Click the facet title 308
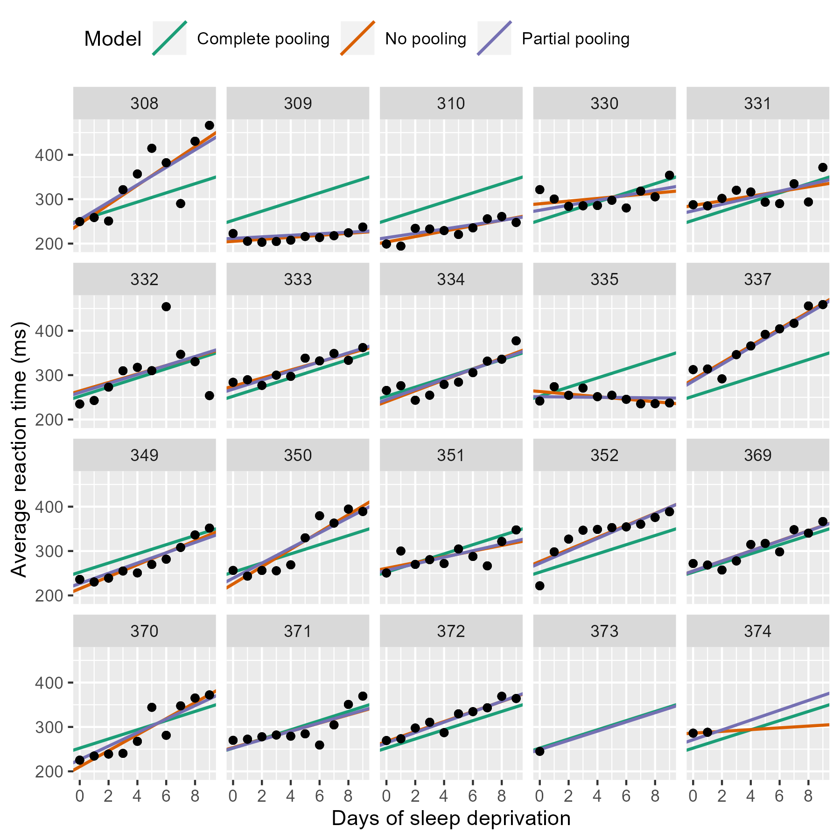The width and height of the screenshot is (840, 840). (144, 103)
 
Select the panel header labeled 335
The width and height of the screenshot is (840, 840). (604, 279)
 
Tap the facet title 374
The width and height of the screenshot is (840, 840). (757, 631)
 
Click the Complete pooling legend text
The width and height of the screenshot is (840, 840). (263, 39)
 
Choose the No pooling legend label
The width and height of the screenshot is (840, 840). (425, 39)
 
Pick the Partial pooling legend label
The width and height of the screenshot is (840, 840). (575, 39)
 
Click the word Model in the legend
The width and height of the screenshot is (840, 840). (112, 39)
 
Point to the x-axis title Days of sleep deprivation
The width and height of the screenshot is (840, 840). (451, 818)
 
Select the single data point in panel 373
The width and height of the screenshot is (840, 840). (539, 751)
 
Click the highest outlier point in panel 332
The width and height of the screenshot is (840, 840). (166, 307)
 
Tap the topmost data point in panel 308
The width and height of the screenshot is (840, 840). (210, 125)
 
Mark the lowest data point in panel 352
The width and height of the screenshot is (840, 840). (539, 586)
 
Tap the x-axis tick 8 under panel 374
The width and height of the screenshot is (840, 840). (808, 796)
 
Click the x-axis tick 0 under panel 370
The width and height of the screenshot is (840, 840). (79, 796)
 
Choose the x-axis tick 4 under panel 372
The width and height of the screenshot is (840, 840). (444, 796)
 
